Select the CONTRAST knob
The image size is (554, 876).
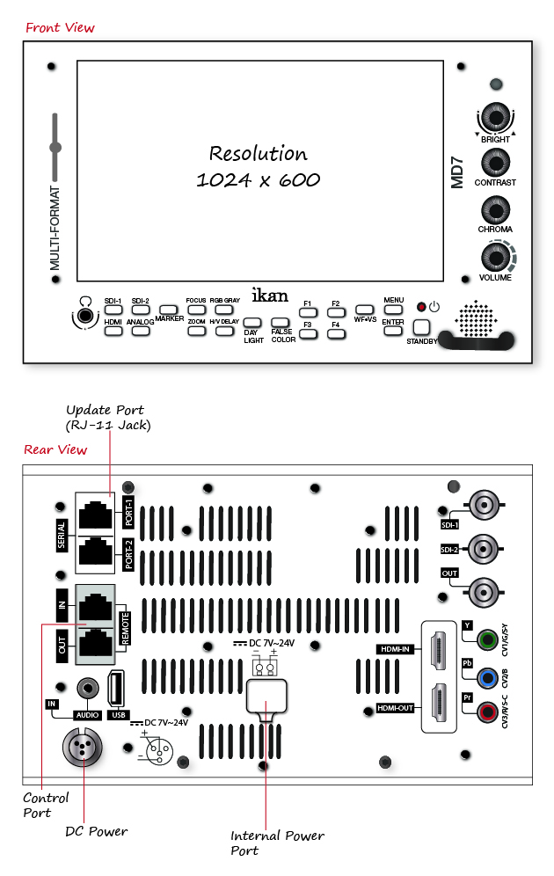[495, 163]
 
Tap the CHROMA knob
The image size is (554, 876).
[495, 209]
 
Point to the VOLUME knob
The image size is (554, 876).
[495, 257]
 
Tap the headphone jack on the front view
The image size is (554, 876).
[84, 315]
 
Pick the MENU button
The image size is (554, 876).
[393, 310]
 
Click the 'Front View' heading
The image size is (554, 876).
[60, 27]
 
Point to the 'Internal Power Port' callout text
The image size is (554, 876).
[277, 843]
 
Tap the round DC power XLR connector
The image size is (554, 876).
[82, 748]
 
